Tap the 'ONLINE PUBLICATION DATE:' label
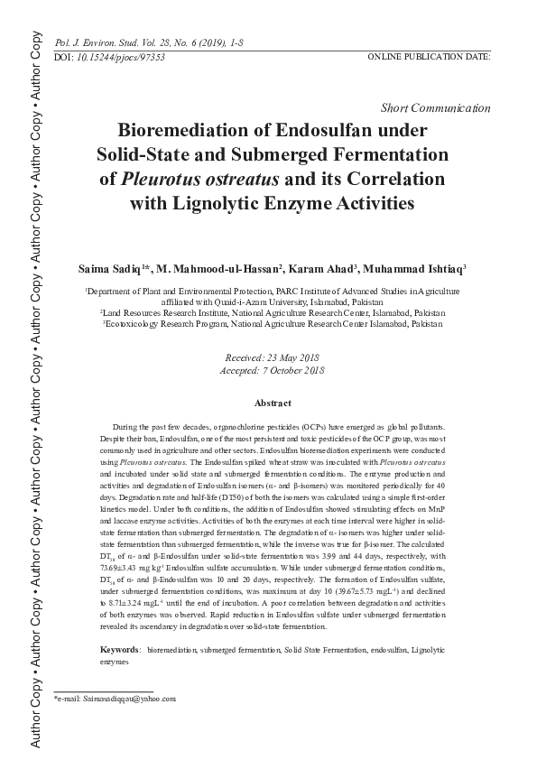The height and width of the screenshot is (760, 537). point(429,57)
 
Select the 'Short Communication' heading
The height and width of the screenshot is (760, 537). point(437,107)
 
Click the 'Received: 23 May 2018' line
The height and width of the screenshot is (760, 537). point(272,358)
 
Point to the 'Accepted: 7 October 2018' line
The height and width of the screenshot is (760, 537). point(272,370)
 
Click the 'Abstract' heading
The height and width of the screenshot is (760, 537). point(272,402)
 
